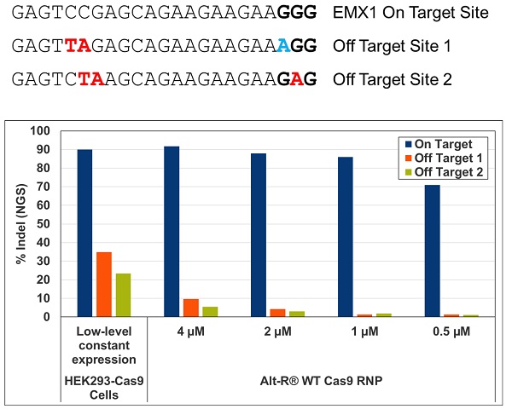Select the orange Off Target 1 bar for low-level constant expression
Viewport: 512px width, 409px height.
tap(104, 285)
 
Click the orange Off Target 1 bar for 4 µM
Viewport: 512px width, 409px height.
tap(190, 308)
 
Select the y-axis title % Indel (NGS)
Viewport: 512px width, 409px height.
tap(22, 224)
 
